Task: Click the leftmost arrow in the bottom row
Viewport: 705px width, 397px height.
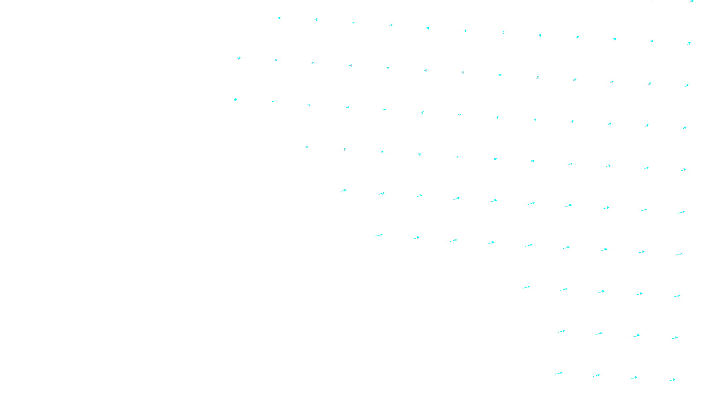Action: click(559, 374)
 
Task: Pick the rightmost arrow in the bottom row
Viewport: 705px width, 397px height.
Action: click(672, 380)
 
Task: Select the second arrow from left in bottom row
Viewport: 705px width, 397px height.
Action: click(596, 376)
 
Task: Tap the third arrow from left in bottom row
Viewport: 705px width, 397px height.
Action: click(634, 378)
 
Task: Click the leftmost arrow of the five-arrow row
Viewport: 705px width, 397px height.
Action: click(526, 288)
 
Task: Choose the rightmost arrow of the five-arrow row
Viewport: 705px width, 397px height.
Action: click(676, 296)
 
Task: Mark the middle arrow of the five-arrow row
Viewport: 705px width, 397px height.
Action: click(601, 292)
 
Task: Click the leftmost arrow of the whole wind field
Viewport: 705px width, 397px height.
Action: click(235, 100)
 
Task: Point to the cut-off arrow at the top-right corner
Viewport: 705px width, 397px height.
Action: click(691, 1)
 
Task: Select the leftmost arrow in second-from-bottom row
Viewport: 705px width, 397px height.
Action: click(561, 331)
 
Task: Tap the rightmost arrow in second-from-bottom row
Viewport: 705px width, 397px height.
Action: click(674, 338)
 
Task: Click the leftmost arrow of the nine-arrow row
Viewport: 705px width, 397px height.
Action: click(378, 236)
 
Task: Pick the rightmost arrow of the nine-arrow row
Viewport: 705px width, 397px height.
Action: click(679, 254)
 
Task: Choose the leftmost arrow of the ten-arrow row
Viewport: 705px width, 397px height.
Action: click(344, 191)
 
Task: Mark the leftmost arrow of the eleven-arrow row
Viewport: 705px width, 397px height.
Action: click(307, 147)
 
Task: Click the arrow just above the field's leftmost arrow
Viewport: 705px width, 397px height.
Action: click(239, 58)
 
